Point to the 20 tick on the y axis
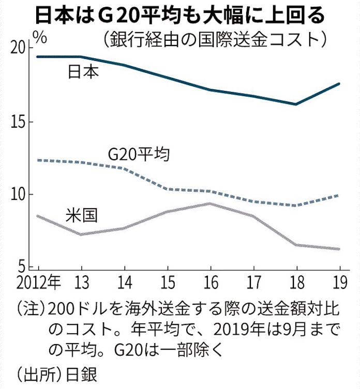pyautogui.click(x=19, y=49)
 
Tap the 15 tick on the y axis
pyautogui.click(x=19, y=122)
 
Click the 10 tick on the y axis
pyautogui.click(x=19, y=195)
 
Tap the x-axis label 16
pyautogui.click(x=209, y=283)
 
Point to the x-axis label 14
pyautogui.click(x=124, y=283)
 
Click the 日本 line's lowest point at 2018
pyautogui.click(x=296, y=104)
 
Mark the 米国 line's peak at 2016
pyautogui.click(x=209, y=204)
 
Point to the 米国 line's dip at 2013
pyautogui.click(x=81, y=235)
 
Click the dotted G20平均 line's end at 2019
pyautogui.click(x=339, y=196)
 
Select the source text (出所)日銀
pyautogui.click(x=57, y=373)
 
